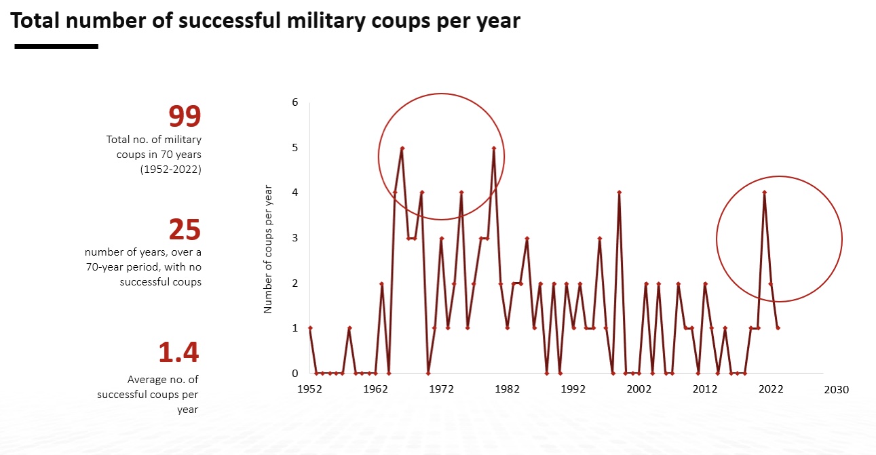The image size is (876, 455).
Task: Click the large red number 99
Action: pos(185,117)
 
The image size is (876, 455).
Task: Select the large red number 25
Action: pos(185,230)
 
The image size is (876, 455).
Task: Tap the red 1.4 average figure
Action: pos(178,353)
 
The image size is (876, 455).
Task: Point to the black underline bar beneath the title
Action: pos(56,46)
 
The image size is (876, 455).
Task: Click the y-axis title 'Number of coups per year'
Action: pos(267,248)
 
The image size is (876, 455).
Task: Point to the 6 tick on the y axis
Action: pos(295,102)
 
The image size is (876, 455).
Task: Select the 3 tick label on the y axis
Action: pos(295,238)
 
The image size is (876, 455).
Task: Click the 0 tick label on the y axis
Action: pos(295,373)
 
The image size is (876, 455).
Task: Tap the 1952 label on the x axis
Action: pos(309,389)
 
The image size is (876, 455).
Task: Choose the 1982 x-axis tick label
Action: pos(508,389)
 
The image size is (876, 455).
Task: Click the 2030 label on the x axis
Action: pos(836,389)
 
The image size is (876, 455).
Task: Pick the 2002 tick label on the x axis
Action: pos(639,389)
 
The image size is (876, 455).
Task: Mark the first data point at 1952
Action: pos(310,328)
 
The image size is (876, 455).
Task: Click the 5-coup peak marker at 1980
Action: pos(494,148)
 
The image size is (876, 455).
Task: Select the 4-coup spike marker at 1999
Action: pos(620,193)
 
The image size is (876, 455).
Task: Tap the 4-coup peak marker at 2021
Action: pos(765,193)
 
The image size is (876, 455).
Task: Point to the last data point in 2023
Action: pos(778,328)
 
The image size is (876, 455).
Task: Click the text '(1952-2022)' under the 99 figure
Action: pos(170,170)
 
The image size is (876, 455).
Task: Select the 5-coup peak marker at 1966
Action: pos(402,148)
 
